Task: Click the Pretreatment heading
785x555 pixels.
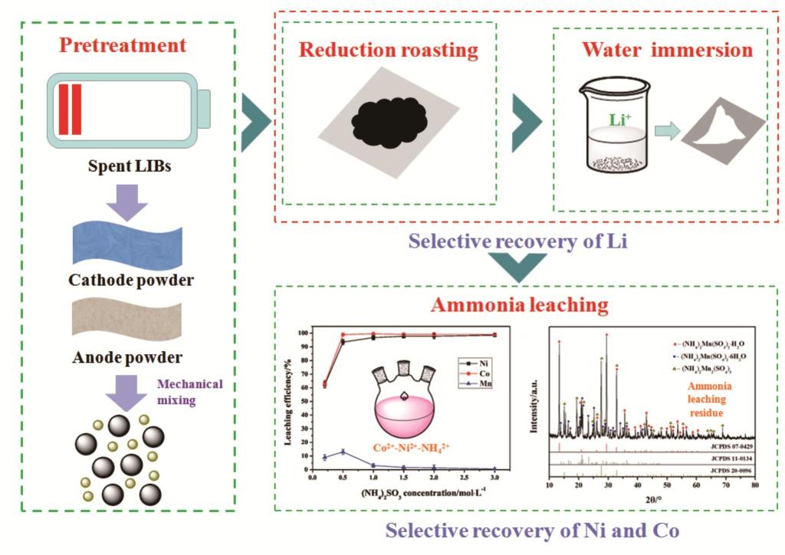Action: [133, 44]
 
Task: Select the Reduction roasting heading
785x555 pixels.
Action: [389, 51]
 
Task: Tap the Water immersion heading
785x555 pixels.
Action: [667, 51]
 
